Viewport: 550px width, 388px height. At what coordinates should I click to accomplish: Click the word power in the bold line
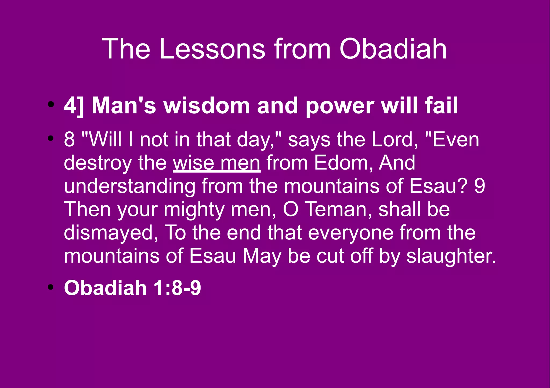[x=340, y=106]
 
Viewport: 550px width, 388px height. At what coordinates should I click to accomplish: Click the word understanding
[x=130, y=186]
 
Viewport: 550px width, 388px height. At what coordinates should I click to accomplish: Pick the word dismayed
[x=111, y=233]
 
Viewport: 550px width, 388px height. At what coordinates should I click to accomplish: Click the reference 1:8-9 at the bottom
[x=177, y=288]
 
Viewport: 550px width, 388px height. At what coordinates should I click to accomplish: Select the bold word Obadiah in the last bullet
[x=105, y=288]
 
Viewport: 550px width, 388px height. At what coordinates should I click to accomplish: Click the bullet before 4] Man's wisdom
[x=50, y=105]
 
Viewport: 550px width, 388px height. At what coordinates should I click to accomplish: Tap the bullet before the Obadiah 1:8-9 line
[x=50, y=287]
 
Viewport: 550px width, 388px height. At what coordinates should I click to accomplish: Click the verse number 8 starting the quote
[x=69, y=140]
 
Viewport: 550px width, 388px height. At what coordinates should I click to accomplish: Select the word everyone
[x=350, y=233]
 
